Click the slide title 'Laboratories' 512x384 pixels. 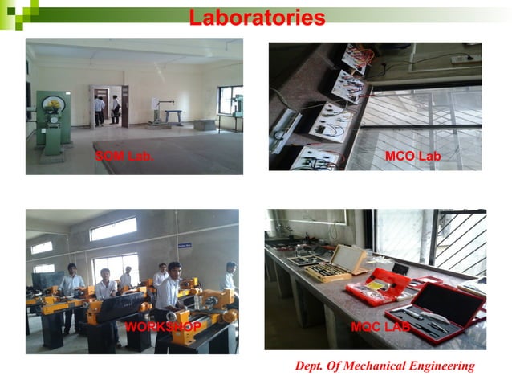(257, 18)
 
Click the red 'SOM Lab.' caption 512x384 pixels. (124, 156)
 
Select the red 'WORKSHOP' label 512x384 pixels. (163, 327)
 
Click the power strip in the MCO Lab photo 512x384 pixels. (461, 59)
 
